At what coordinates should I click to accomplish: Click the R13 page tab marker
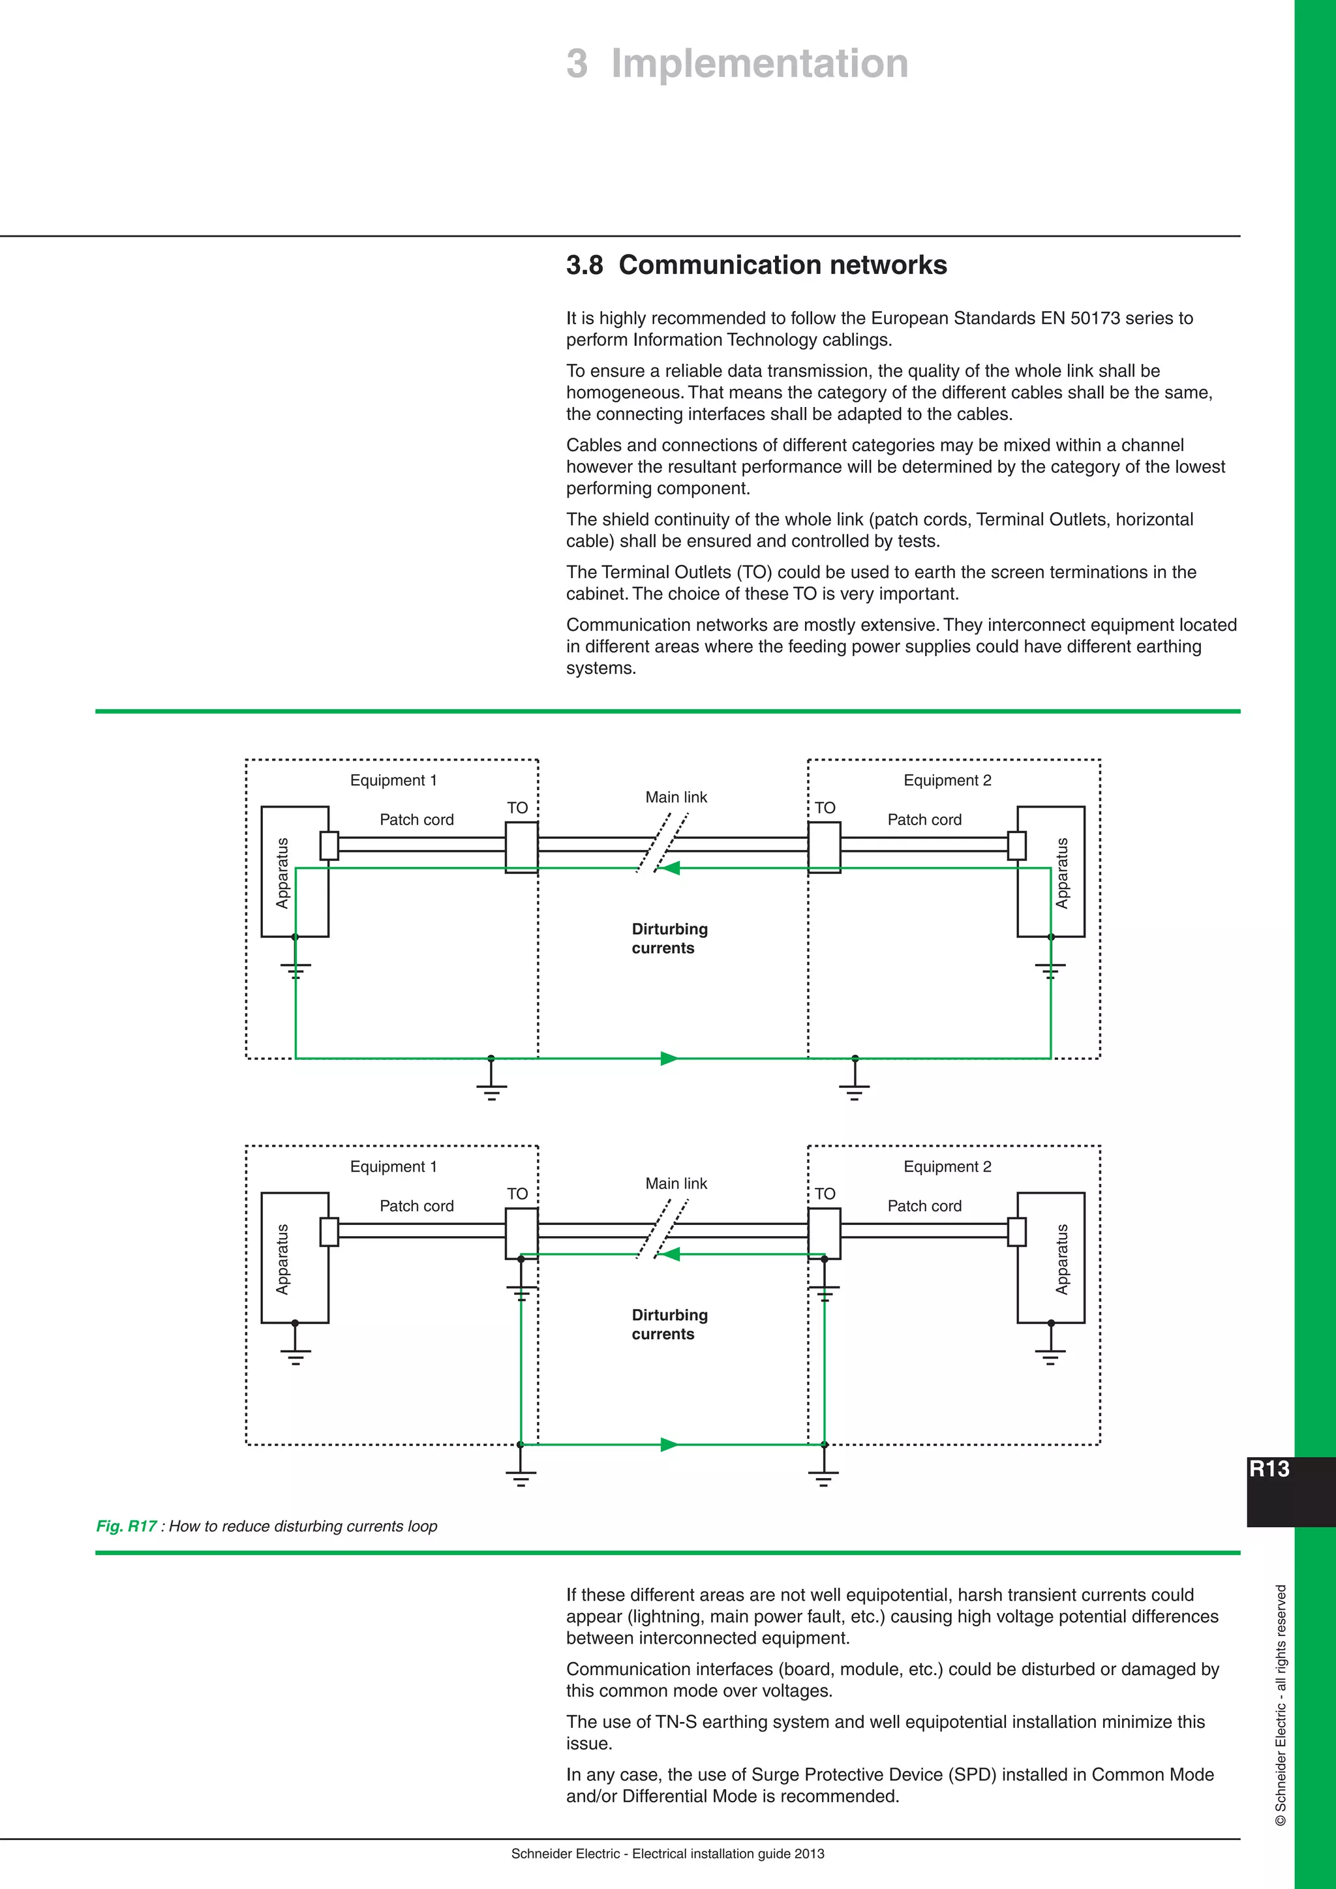tap(1269, 1470)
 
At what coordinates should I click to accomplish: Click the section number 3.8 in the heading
tap(584, 265)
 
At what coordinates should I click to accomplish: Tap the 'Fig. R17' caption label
tap(126, 1526)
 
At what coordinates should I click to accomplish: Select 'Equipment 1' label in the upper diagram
tap(393, 780)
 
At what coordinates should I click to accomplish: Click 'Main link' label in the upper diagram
tap(675, 797)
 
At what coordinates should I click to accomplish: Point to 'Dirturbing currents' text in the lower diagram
tap(669, 1325)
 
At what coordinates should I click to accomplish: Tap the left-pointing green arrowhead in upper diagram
tap(671, 868)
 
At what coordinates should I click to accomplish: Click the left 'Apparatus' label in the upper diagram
tap(283, 873)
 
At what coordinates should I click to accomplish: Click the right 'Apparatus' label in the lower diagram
tap(1062, 1259)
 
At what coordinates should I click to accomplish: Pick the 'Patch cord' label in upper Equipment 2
tap(924, 819)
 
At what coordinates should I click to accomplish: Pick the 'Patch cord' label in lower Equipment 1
tap(416, 1206)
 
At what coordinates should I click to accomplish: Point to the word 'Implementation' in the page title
tap(759, 64)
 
